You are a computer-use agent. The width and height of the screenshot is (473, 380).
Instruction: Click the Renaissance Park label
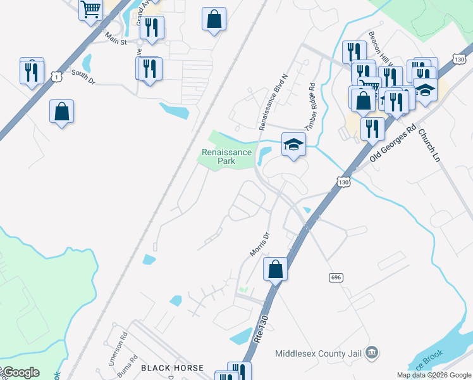[x=227, y=156]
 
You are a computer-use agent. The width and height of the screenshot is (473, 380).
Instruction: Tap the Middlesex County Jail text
[x=320, y=352]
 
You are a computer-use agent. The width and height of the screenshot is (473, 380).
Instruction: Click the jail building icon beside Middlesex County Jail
[x=372, y=351]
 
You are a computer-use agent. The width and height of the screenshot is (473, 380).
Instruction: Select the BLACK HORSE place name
[x=172, y=368]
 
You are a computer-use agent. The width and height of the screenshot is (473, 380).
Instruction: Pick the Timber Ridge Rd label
[x=310, y=106]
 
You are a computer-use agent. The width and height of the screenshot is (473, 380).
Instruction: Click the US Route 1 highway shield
[x=58, y=76]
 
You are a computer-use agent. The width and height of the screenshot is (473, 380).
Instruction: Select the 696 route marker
[x=336, y=277]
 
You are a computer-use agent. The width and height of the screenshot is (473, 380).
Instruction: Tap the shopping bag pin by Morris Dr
[x=276, y=269]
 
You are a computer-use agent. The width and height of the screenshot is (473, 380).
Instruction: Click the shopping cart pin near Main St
[x=91, y=9]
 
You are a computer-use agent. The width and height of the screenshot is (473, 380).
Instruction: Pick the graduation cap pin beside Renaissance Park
[x=293, y=145]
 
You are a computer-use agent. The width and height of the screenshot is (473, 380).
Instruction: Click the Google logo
[x=20, y=372]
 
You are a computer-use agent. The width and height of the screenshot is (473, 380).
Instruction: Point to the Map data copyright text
[x=434, y=375]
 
